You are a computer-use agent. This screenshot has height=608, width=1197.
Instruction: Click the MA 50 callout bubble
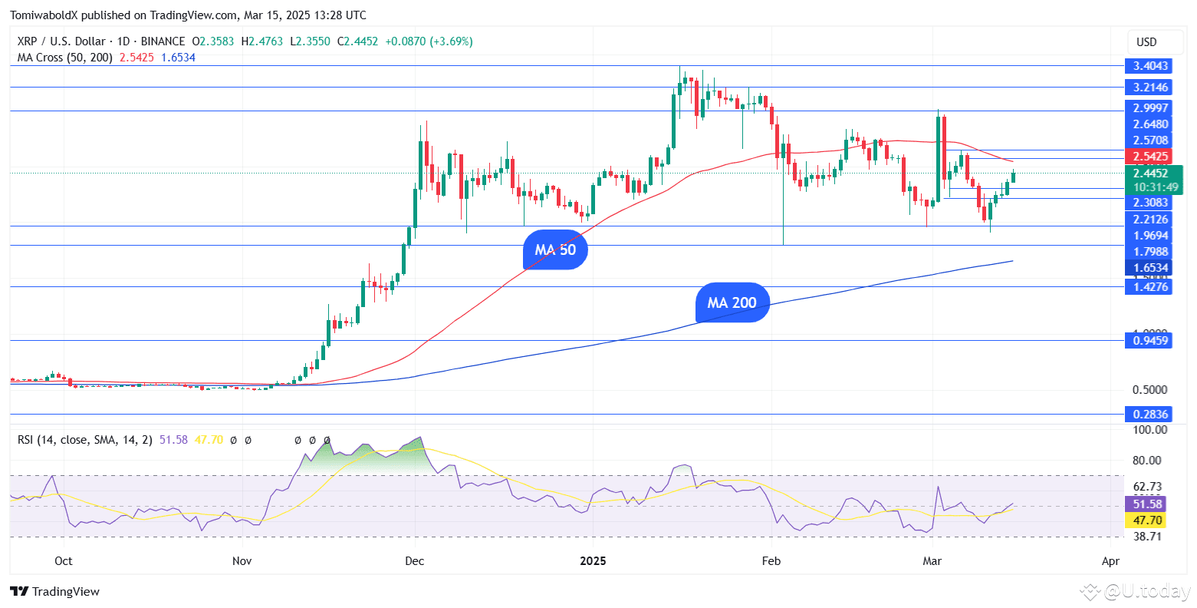(555, 250)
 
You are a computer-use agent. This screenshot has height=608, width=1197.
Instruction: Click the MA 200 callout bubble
(732, 302)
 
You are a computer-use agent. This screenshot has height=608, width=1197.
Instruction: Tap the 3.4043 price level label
(1150, 66)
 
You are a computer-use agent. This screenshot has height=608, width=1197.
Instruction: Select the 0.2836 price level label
(1150, 415)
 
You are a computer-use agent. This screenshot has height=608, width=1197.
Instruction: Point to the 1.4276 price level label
(1150, 287)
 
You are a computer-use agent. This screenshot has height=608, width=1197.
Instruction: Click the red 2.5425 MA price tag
(1150, 157)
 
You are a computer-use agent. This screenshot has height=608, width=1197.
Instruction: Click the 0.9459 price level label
(1150, 340)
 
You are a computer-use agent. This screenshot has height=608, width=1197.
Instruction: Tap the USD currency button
(1146, 42)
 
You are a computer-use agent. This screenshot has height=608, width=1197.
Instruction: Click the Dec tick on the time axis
(414, 561)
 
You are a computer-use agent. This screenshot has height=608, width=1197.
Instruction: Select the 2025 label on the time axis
(593, 561)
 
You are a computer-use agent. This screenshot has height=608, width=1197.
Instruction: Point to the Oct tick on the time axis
(64, 561)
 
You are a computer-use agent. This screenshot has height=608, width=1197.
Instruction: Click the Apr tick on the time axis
(1110, 561)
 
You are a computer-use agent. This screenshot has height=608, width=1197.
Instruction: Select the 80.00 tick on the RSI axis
(1149, 461)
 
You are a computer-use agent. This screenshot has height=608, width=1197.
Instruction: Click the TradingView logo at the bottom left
(55, 592)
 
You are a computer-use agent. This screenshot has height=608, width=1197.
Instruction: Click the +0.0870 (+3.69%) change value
(429, 41)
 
